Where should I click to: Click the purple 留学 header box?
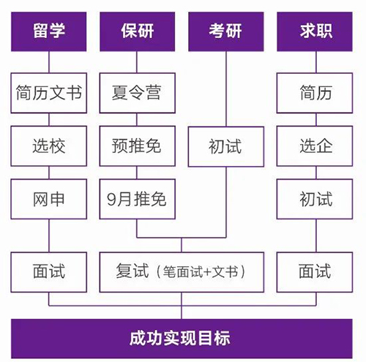tap(49, 31)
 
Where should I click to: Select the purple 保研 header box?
tap(138, 31)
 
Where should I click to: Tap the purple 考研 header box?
tap(226, 31)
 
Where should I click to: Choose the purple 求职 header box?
tap(315, 31)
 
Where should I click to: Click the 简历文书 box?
tap(49, 93)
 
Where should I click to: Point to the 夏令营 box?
tap(138, 93)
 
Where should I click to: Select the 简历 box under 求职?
tap(315, 93)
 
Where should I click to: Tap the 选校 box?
tap(49, 146)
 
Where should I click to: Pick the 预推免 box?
tap(138, 146)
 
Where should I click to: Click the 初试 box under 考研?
tap(226, 146)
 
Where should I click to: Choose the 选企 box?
tap(315, 146)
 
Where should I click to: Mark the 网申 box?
tap(49, 199)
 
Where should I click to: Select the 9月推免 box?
tap(138, 199)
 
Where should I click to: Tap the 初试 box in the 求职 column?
tap(315, 199)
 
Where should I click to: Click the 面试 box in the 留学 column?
tap(49, 272)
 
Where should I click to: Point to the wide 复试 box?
tap(182, 272)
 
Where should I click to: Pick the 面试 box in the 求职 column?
tap(315, 272)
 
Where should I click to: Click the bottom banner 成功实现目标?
tap(182, 339)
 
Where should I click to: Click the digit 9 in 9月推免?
tap(111, 200)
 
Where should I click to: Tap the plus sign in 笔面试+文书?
tap(207, 272)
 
